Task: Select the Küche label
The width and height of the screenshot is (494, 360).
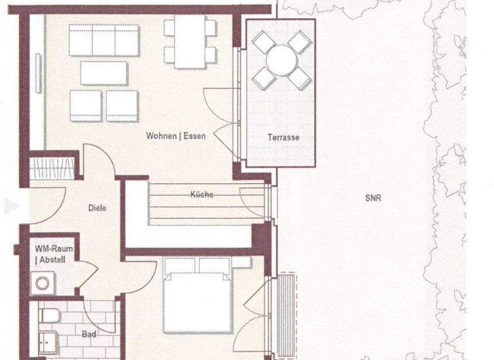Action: point(201,194)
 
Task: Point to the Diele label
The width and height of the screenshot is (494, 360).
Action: point(97,208)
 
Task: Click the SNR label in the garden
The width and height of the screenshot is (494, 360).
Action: point(373,198)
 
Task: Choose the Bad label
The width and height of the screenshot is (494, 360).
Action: point(89,334)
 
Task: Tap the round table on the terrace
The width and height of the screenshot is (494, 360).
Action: point(281,60)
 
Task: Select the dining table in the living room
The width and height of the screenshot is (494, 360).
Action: point(190,40)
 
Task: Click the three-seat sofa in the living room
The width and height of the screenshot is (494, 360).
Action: point(104,40)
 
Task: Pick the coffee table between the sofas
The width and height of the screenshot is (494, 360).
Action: point(104,73)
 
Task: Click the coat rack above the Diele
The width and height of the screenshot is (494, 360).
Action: point(53,169)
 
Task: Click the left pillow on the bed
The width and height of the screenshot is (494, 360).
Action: point(179,265)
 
